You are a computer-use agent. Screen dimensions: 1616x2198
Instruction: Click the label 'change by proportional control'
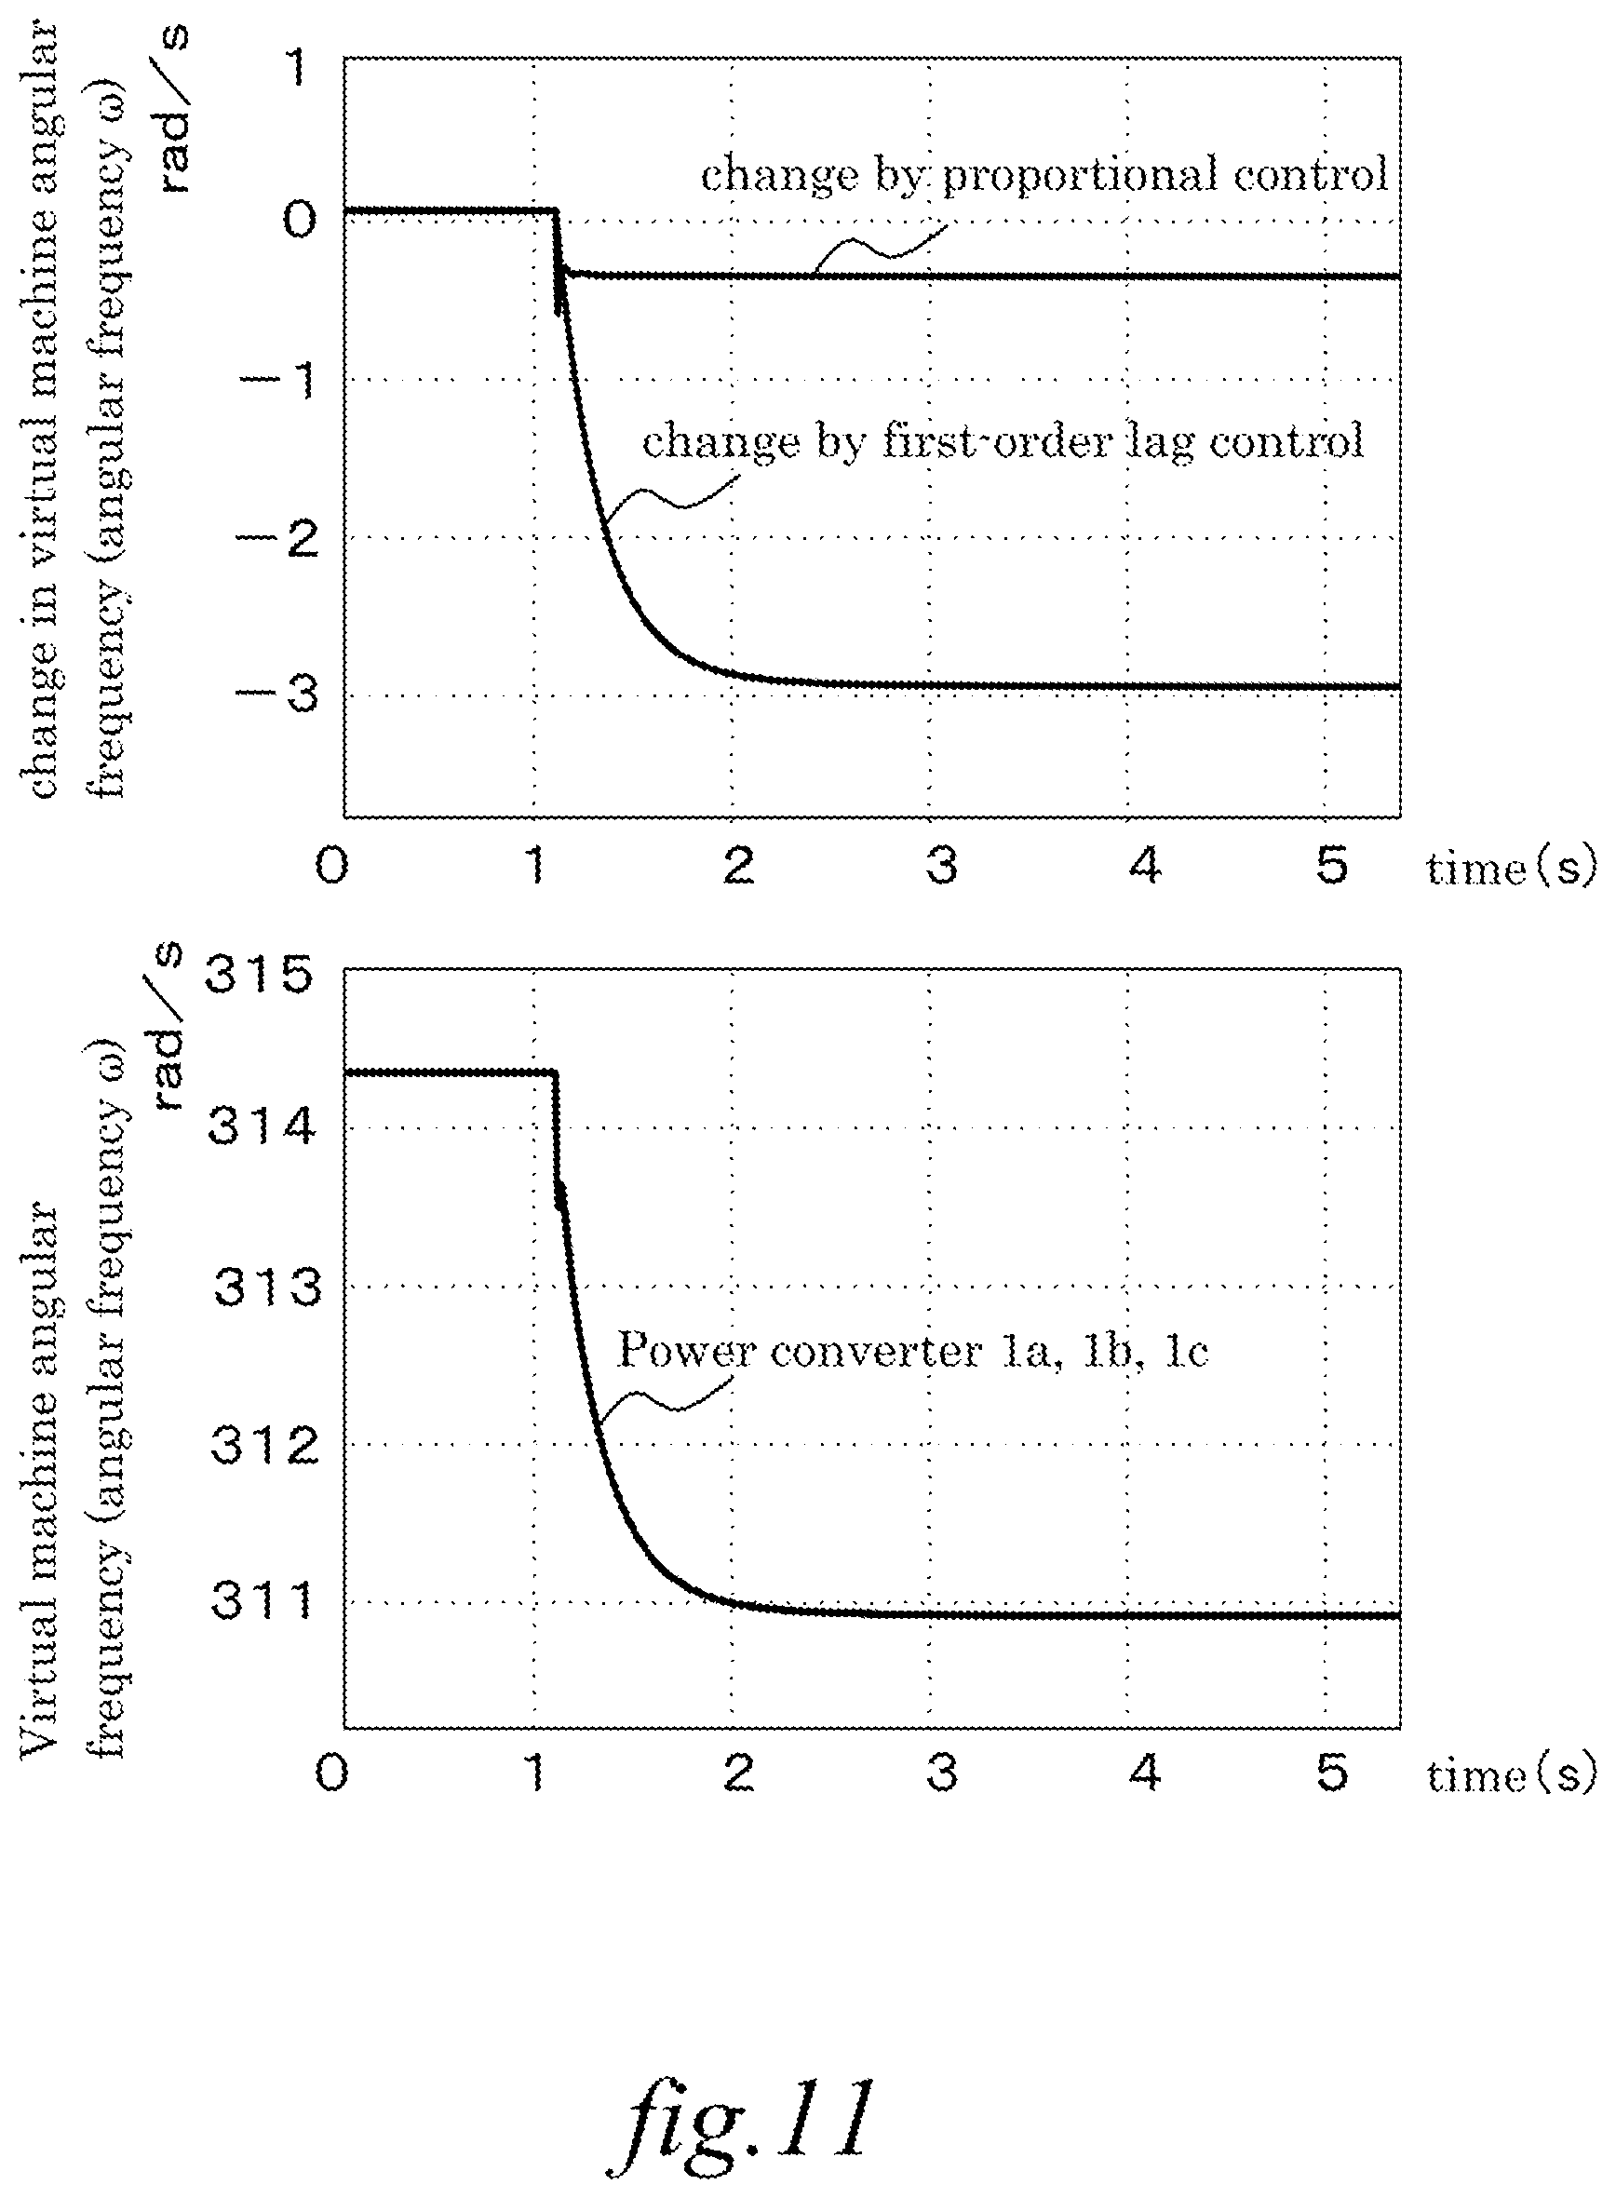[x=1044, y=176]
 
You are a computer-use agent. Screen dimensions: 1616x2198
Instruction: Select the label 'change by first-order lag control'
[x=1003, y=442]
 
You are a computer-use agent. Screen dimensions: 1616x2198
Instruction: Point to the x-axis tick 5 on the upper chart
[x=1332, y=866]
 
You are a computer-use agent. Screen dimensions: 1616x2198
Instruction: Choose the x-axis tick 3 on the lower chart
[x=941, y=1773]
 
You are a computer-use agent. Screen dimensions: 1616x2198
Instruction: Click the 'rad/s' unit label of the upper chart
[x=172, y=110]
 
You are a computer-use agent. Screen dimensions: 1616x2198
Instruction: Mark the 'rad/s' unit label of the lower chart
[x=168, y=1027]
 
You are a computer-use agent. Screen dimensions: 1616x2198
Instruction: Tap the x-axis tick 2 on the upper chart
[x=738, y=866]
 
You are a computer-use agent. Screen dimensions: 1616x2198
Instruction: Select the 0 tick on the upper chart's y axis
[x=301, y=219]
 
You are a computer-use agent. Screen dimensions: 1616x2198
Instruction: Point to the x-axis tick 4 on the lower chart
[x=1144, y=1773]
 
